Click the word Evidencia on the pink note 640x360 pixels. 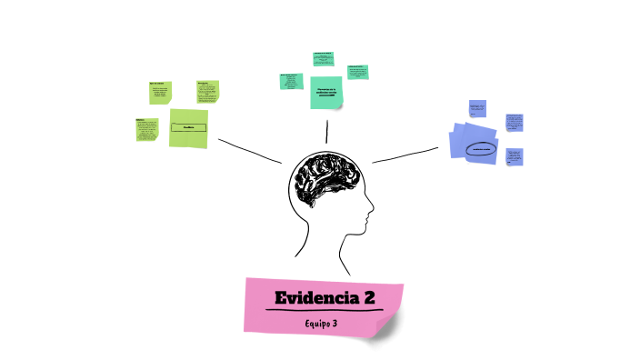[x=316, y=297]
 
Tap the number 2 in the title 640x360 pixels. [x=369, y=297]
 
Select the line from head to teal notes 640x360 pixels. [x=325, y=129]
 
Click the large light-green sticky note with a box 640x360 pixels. [x=188, y=127]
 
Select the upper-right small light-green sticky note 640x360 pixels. [x=207, y=92]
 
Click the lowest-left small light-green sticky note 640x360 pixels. [x=146, y=129]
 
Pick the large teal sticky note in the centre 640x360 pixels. [x=326, y=91]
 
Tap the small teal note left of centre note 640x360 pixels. [x=291, y=81]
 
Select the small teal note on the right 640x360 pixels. [x=357, y=72]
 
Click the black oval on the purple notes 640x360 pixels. [x=479, y=148]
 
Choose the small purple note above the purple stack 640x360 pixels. [x=476, y=109]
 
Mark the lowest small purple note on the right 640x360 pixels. [x=515, y=156]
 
